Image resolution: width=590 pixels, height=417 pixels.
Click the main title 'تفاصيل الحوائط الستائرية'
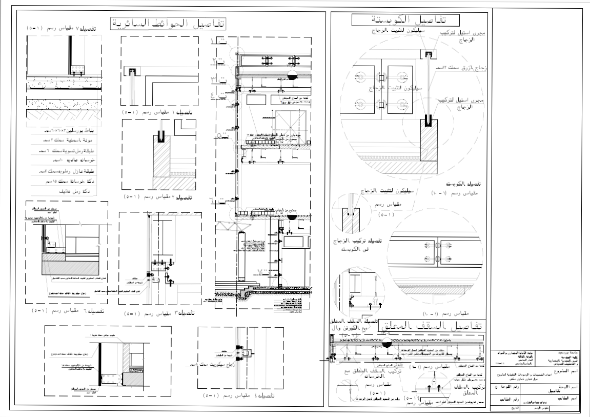169,24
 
